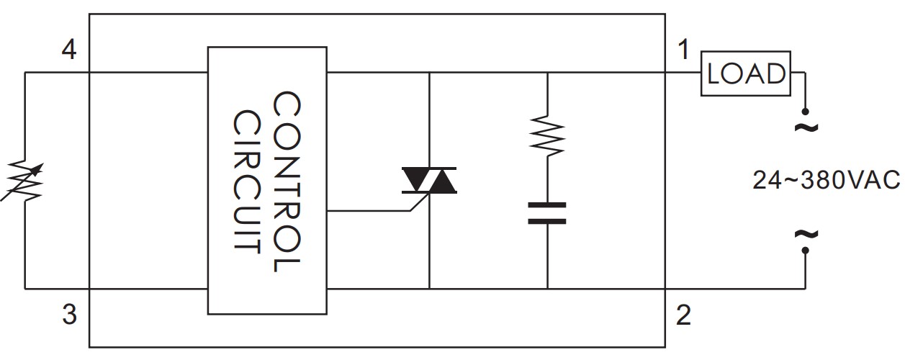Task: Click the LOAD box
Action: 745,73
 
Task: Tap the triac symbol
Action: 429,181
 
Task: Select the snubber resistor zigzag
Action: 547,134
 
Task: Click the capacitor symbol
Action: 547,213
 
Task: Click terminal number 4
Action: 69,50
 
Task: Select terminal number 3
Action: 69,315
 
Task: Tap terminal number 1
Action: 683,50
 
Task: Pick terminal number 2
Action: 683,315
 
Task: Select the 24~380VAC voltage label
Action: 827,180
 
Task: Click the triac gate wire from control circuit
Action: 367,211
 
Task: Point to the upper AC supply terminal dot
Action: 805,112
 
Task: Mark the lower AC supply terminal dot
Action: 805,251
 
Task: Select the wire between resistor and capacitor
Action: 547,180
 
